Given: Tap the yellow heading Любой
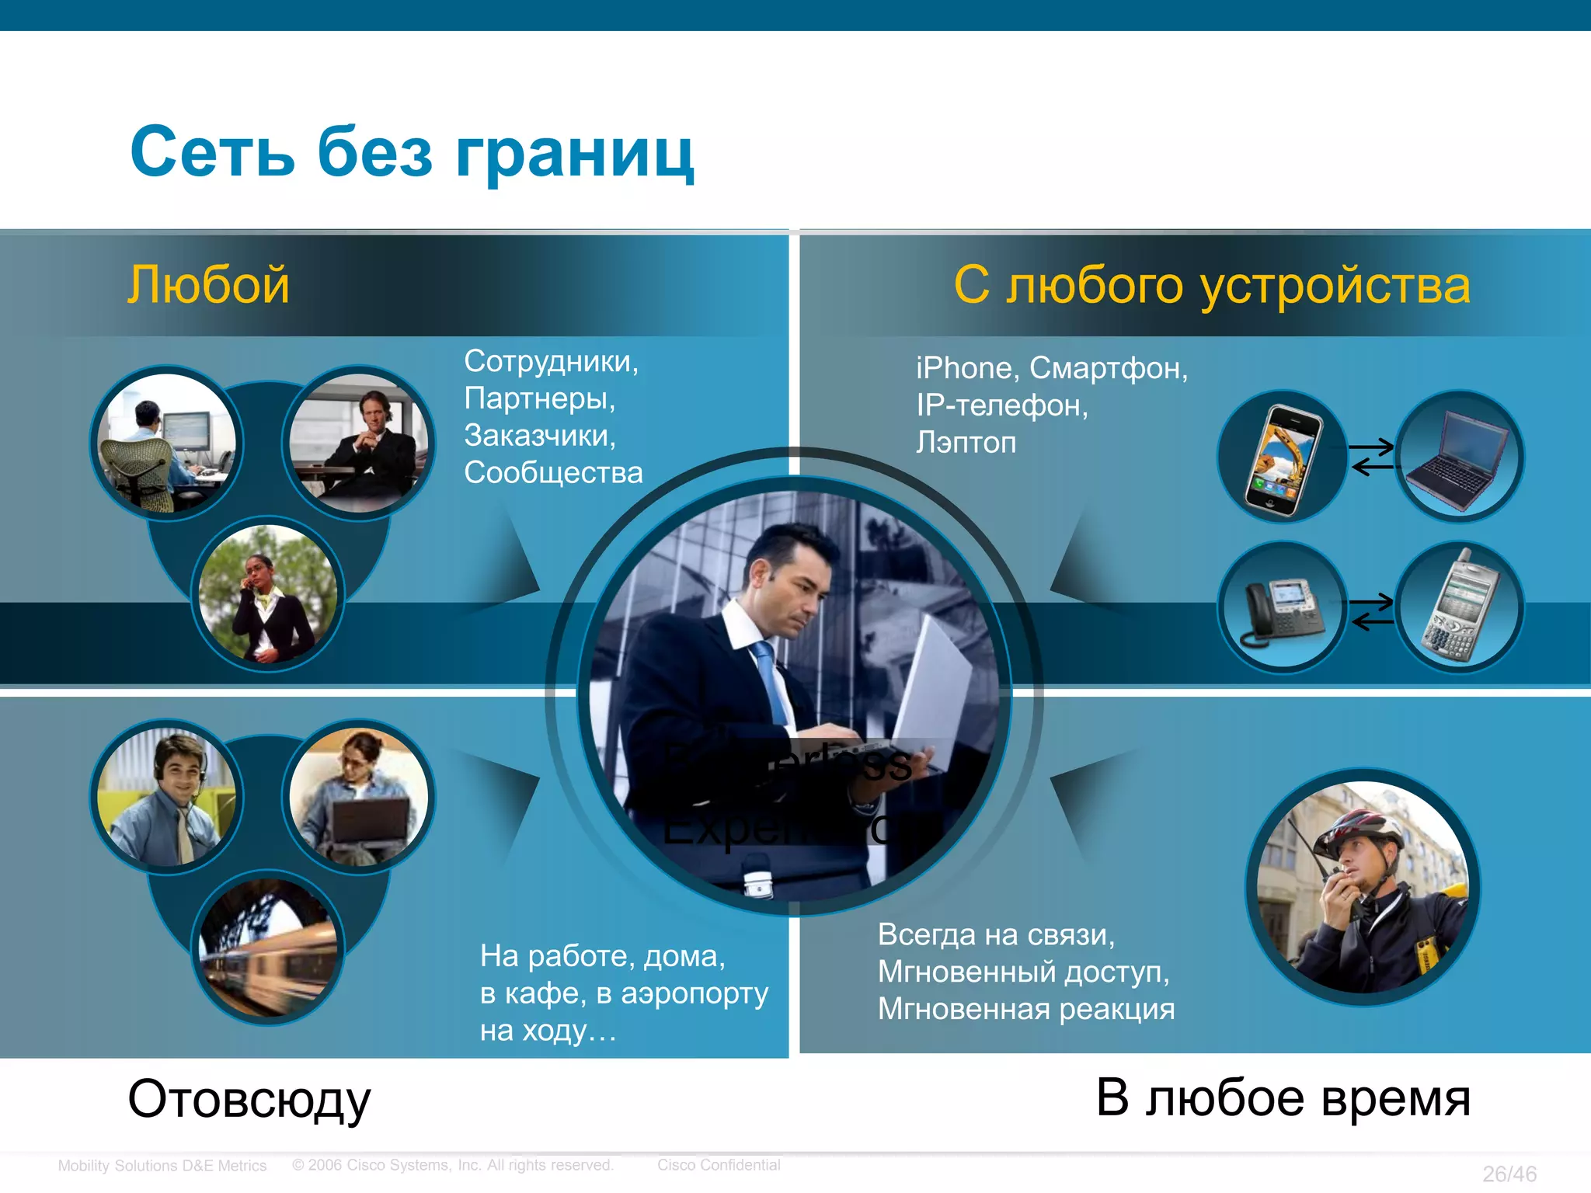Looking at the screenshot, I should click(208, 284).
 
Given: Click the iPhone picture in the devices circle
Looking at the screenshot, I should click(1283, 458).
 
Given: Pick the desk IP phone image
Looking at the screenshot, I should click(1282, 610).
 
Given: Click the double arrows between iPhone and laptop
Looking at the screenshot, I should click(1372, 457).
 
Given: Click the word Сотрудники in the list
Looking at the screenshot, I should click(551, 362).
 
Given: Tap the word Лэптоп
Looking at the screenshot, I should click(966, 443).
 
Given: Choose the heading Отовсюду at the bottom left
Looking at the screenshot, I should click(249, 1100).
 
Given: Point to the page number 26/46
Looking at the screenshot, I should click(1509, 1174).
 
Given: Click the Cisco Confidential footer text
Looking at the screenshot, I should click(719, 1165).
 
